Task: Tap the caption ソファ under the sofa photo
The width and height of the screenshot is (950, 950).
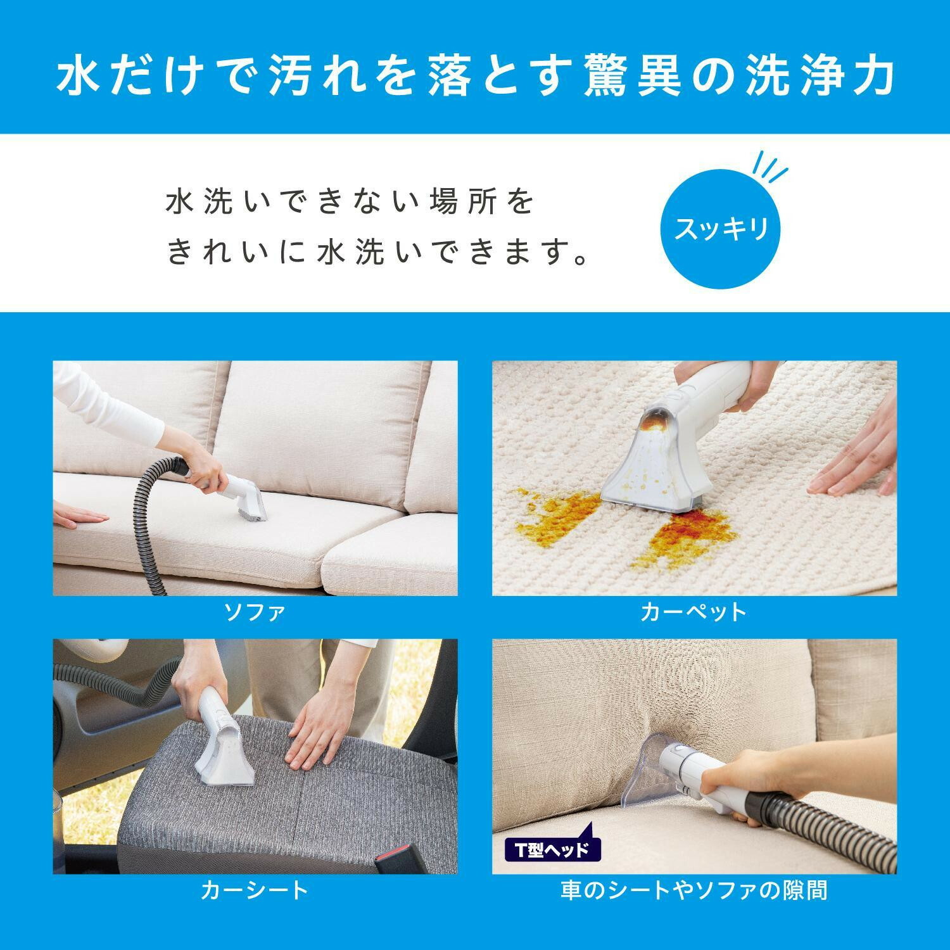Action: click(255, 612)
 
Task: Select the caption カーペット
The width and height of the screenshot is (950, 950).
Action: click(694, 612)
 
